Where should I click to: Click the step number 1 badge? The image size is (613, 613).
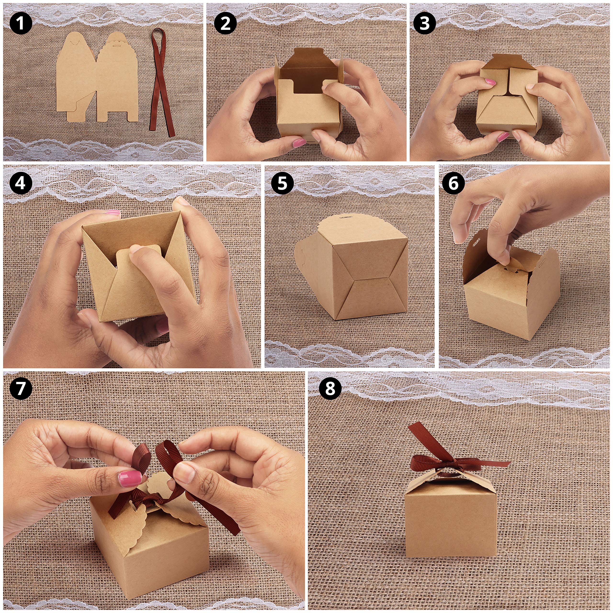(x=21, y=23)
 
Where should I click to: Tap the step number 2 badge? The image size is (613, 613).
(x=225, y=23)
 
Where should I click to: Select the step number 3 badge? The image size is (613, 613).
(x=425, y=23)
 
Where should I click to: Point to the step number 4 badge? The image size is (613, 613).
(x=21, y=183)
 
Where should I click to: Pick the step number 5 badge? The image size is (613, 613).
(x=282, y=183)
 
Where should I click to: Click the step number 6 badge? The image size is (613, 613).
(x=453, y=183)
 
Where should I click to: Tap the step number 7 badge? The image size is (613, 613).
(x=21, y=388)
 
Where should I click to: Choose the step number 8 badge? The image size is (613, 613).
(x=330, y=388)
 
